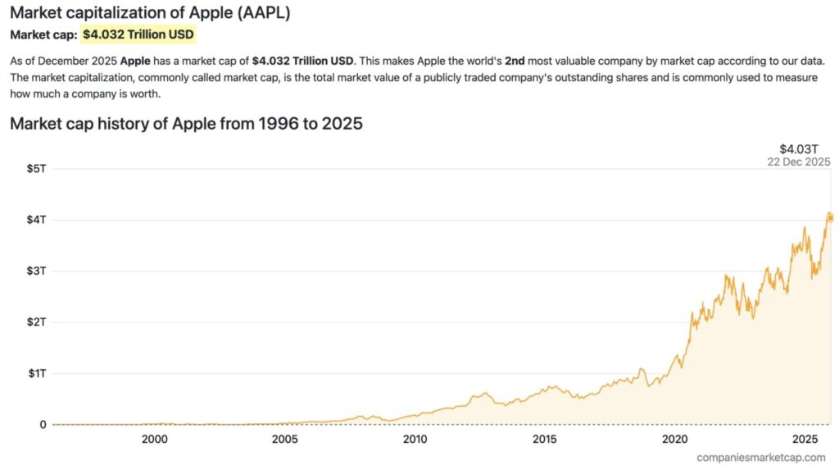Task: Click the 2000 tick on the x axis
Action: (155, 439)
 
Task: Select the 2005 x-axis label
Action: (285, 439)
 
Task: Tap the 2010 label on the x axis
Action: (415, 439)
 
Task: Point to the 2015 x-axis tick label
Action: (545, 439)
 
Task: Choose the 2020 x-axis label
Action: (674, 439)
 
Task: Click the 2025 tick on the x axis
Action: (805, 439)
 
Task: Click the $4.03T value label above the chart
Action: (799, 148)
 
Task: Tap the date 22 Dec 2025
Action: (798, 162)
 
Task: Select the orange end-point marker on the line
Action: (829, 217)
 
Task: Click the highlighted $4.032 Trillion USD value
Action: (138, 35)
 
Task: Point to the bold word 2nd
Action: (515, 62)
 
